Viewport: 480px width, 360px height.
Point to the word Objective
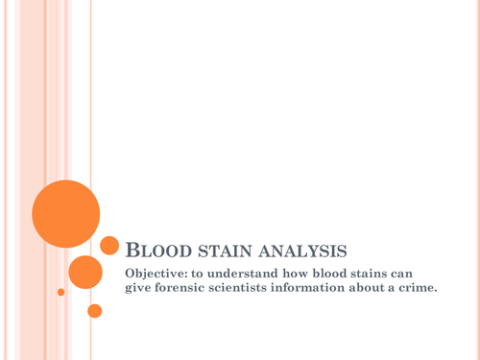tap(158, 276)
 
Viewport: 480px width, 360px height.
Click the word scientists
tap(255, 292)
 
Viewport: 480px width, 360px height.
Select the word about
tap(393, 292)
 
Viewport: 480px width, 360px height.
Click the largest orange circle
tap(65, 213)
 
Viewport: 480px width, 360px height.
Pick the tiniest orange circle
tap(61, 292)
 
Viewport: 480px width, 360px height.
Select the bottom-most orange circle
tap(94, 311)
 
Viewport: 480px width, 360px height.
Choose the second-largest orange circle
tap(85, 272)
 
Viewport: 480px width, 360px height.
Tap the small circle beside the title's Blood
tap(109, 246)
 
